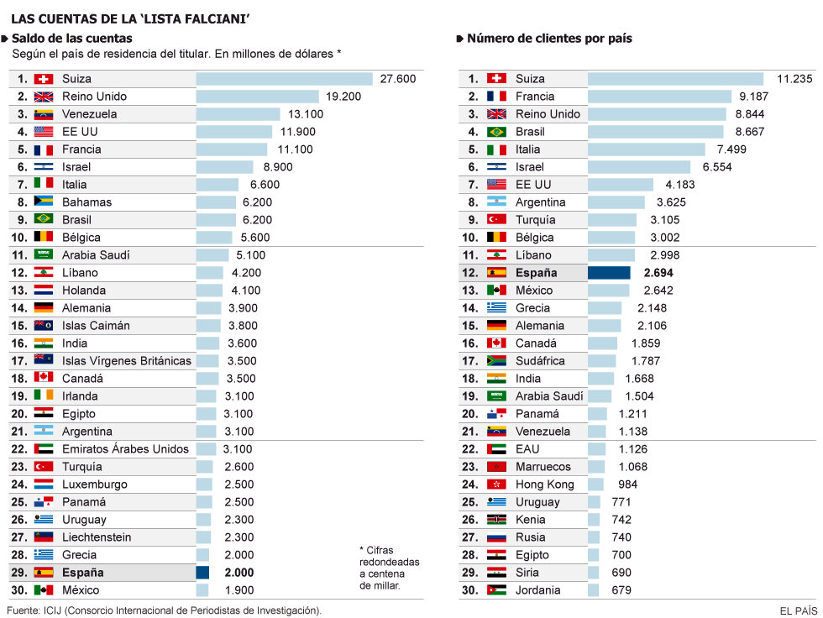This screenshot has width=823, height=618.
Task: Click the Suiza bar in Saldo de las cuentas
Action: (x=284, y=79)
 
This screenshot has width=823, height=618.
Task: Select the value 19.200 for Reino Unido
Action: (x=343, y=97)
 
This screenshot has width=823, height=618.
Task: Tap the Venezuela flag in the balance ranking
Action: (x=44, y=114)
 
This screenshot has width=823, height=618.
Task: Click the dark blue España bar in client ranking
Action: (x=609, y=273)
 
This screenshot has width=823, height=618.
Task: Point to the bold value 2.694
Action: (x=658, y=273)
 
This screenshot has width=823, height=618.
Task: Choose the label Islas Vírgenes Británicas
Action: (x=127, y=361)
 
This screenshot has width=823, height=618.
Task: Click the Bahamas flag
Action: (x=44, y=202)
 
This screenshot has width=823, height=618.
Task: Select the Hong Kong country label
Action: (x=545, y=484)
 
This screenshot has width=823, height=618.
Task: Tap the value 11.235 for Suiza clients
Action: (x=794, y=79)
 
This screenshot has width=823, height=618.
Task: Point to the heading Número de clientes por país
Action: (x=549, y=39)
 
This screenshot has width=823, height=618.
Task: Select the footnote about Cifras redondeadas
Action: (x=389, y=568)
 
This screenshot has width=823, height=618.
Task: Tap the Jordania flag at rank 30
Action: (x=496, y=590)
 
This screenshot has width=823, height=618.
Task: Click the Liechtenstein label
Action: (x=97, y=537)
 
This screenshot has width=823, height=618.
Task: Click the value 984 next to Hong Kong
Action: (x=627, y=484)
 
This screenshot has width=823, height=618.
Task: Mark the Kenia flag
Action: (x=496, y=520)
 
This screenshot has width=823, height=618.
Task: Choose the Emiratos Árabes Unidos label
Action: (x=125, y=449)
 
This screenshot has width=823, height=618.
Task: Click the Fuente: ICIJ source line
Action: (x=164, y=610)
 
